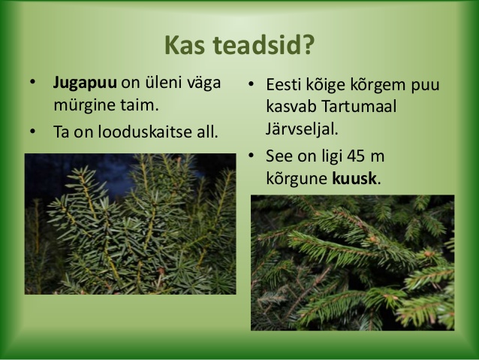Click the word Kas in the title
point(185,45)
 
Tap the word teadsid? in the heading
point(264,45)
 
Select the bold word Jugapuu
point(85,83)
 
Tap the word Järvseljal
point(302,129)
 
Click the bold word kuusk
point(354,178)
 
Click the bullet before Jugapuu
point(33,82)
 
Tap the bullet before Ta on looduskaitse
point(33,132)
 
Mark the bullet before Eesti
point(251,84)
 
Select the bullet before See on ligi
point(251,156)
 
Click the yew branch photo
point(130,224)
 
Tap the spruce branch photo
point(353,263)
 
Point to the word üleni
point(150,83)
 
